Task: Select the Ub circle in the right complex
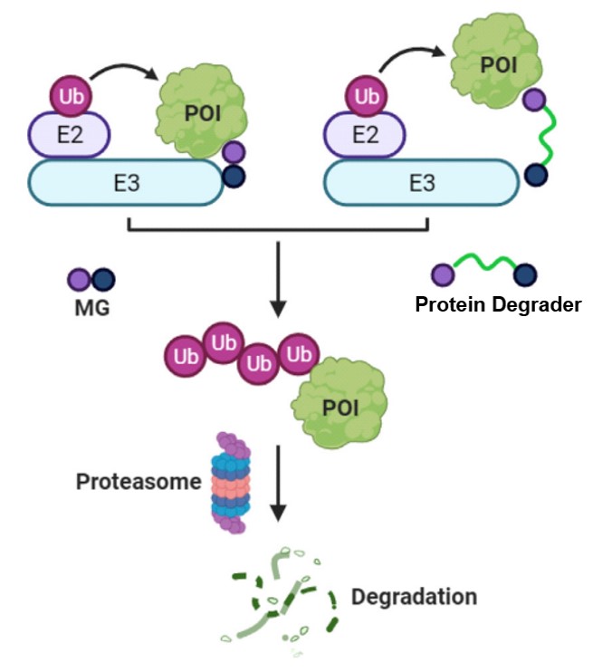[x=366, y=96]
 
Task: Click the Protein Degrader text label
[x=498, y=304]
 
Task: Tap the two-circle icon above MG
[x=91, y=280]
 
